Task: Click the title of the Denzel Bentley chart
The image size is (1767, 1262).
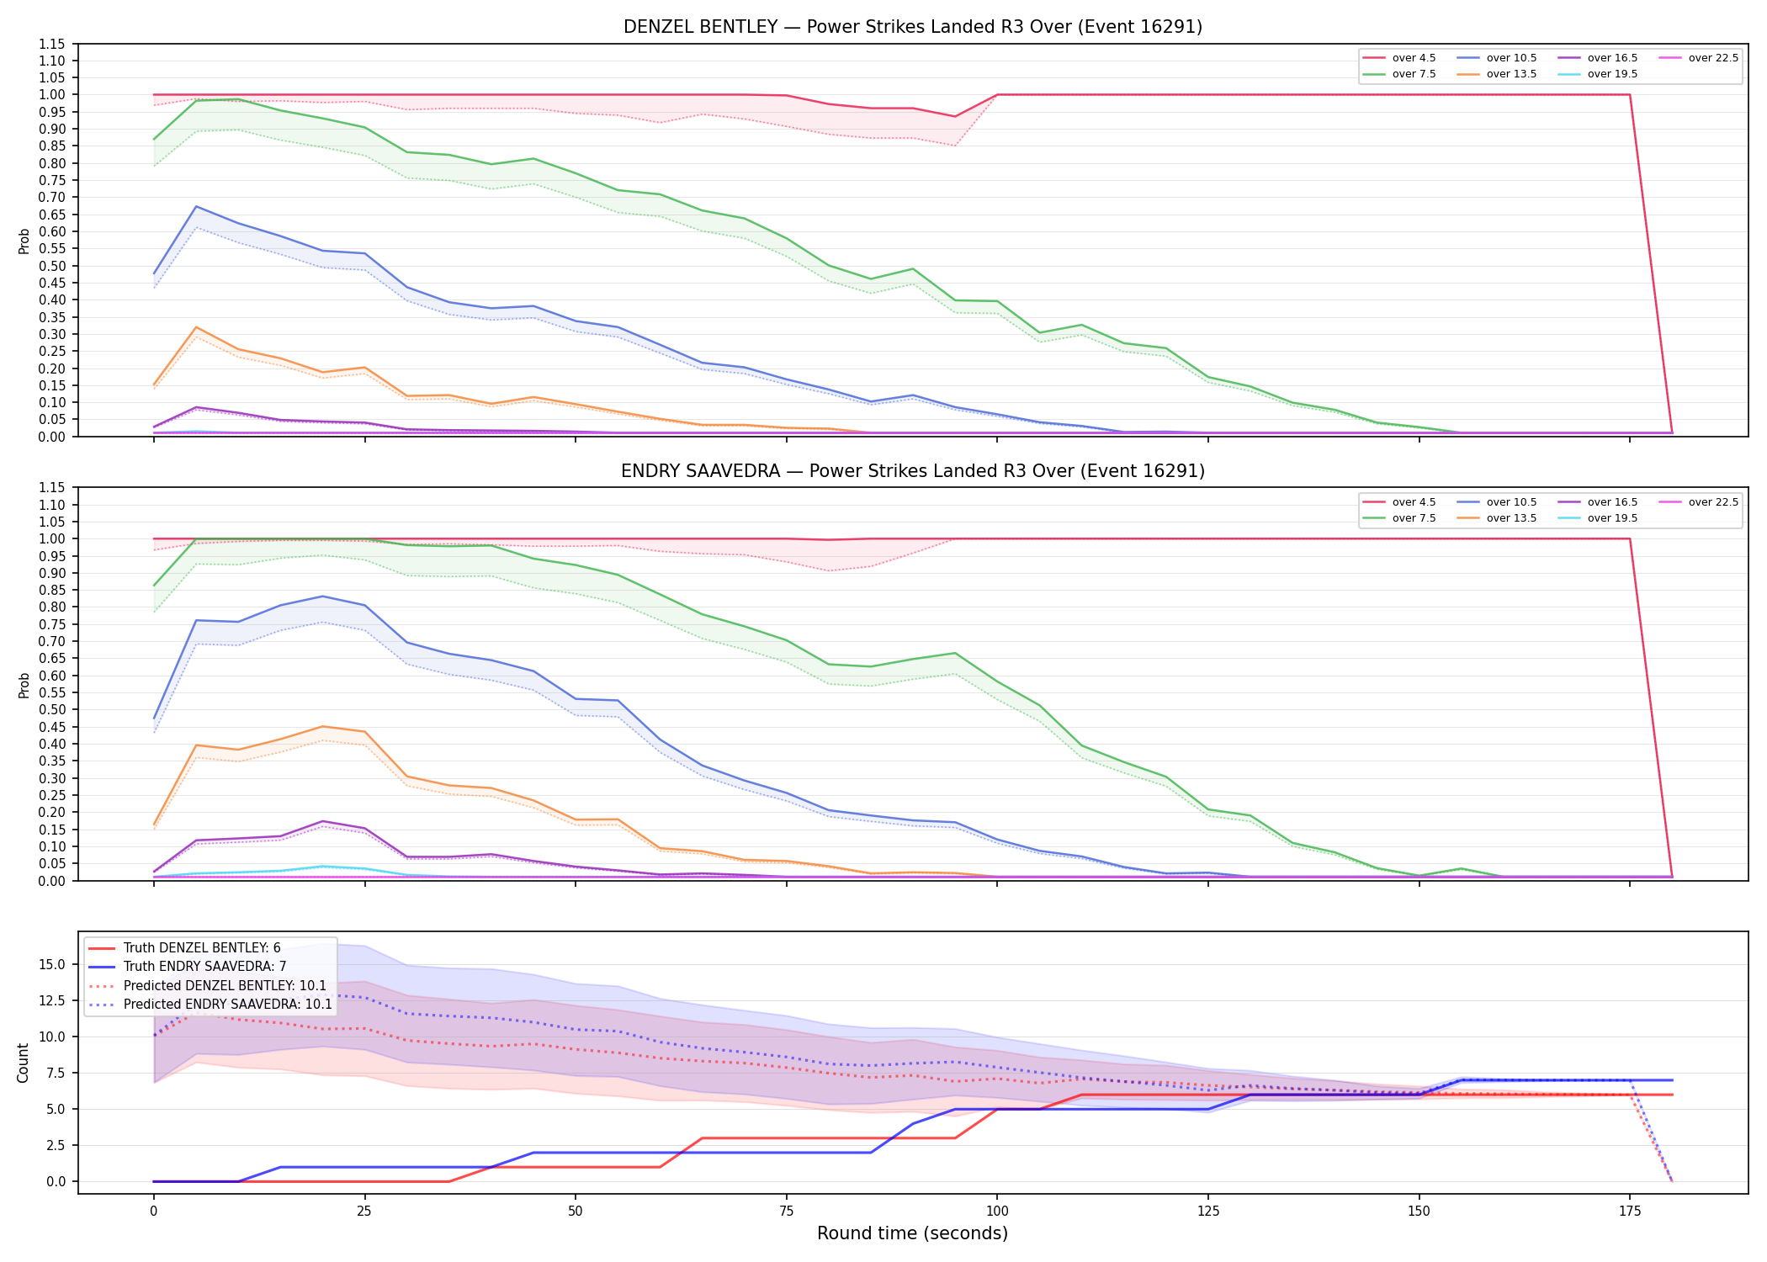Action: [x=913, y=27]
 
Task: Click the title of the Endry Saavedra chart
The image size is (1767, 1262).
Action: [x=913, y=471]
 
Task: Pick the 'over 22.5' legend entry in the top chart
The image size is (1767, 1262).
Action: [x=1699, y=58]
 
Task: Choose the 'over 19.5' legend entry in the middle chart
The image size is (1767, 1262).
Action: [x=1598, y=518]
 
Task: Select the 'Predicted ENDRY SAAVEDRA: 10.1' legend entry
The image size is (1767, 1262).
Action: [x=210, y=1004]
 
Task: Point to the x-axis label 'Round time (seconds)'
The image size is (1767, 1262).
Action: [x=912, y=1233]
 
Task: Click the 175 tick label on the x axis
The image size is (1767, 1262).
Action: [x=1630, y=1212]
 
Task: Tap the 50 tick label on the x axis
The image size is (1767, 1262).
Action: [x=575, y=1212]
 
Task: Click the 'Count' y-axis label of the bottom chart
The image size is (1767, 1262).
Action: [x=23, y=1063]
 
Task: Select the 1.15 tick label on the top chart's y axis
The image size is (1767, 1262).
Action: [x=52, y=44]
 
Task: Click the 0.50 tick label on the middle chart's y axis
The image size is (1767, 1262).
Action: [x=52, y=709]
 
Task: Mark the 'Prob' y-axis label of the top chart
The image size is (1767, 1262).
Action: [x=24, y=241]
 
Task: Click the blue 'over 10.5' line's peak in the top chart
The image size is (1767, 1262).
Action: [x=196, y=206]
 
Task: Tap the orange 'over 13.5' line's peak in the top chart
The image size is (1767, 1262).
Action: [x=196, y=327]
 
